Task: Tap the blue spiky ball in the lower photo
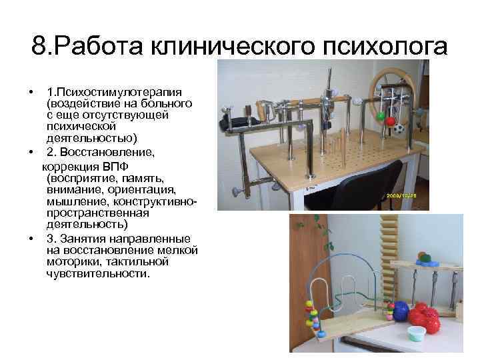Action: tap(401, 313)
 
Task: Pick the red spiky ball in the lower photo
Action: tap(426, 319)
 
